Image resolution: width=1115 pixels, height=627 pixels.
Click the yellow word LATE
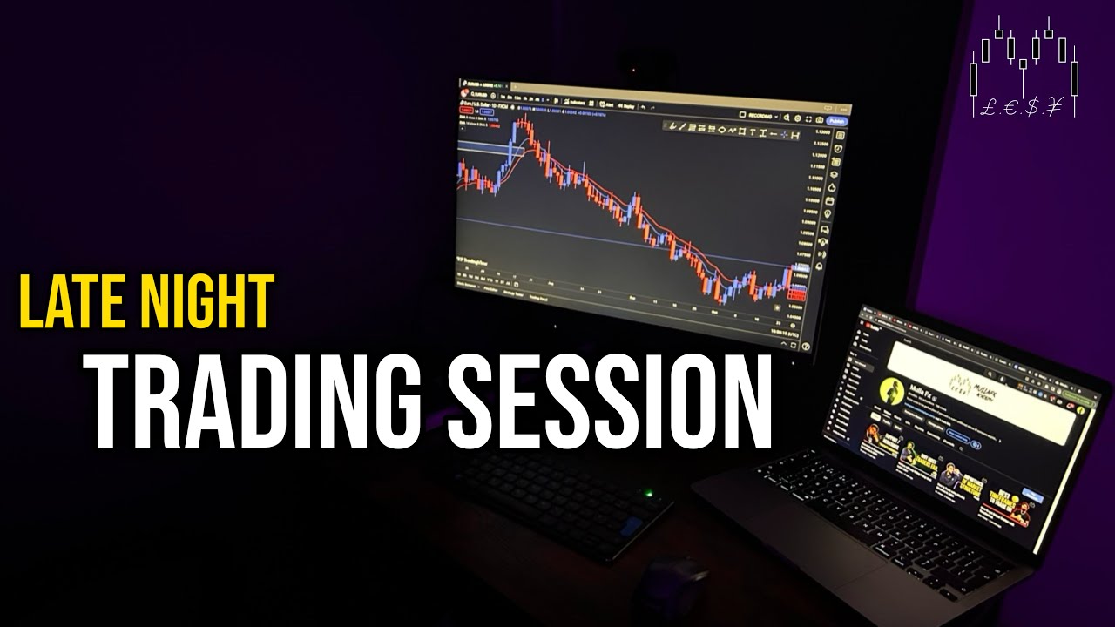[x=72, y=301]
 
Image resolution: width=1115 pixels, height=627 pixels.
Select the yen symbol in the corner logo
[x=1055, y=108]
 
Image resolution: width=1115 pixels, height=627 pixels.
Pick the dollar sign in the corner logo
[x=1031, y=108]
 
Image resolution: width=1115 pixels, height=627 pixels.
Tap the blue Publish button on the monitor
[x=836, y=121]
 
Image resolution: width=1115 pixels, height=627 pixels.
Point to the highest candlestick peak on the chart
[x=524, y=119]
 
